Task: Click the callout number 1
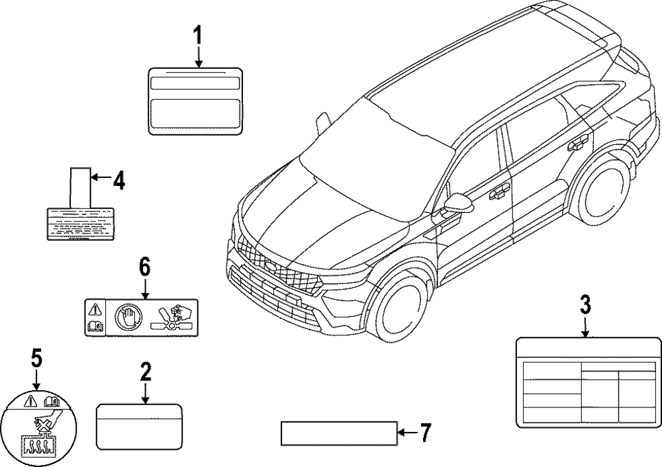pos(197,36)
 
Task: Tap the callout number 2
pos(146,371)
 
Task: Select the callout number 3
pos(585,306)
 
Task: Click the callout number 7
pos(425,433)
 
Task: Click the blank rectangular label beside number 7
pos(338,433)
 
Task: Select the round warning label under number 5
pos(40,429)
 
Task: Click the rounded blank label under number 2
pos(138,427)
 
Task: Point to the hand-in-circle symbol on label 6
pos(127,316)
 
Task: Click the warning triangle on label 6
pos(95,308)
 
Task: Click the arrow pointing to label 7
pos(406,433)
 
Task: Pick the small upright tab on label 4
pos(80,187)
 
